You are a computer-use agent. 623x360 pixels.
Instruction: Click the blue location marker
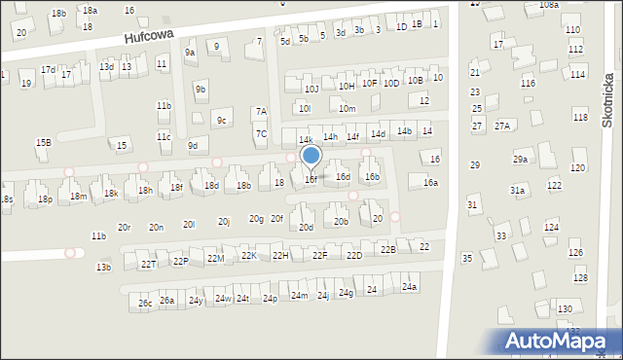point(311,157)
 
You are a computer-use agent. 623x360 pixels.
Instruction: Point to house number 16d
point(343,177)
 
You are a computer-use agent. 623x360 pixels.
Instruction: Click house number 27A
point(502,126)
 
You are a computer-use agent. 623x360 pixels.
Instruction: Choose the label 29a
point(521,160)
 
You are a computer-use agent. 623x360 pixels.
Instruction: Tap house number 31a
point(517,191)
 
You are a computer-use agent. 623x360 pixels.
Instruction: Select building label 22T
point(148,264)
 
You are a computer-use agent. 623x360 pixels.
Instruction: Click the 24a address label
point(410,287)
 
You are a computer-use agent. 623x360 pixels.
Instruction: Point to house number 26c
point(144,304)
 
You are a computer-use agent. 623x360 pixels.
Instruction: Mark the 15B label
point(44,143)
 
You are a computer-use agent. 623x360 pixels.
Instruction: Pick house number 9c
point(222,121)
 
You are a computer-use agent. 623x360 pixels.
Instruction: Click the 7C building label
point(261,133)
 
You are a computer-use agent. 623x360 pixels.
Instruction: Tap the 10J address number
point(311,90)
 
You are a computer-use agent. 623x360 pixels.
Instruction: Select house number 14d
point(378,133)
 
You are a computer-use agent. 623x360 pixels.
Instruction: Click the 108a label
point(549,5)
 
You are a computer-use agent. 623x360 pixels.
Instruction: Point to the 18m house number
point(78,197)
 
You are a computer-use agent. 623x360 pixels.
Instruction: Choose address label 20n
point(156,227)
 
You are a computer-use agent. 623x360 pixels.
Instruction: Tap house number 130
point(565,309)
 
